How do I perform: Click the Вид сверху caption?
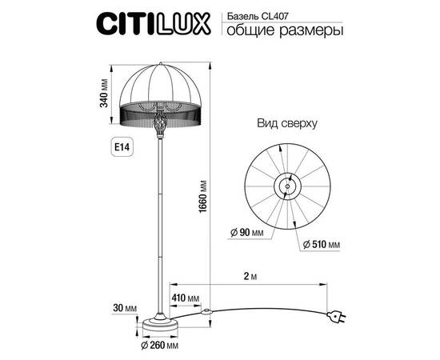coord(288,124)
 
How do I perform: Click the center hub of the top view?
coord(284,186)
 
